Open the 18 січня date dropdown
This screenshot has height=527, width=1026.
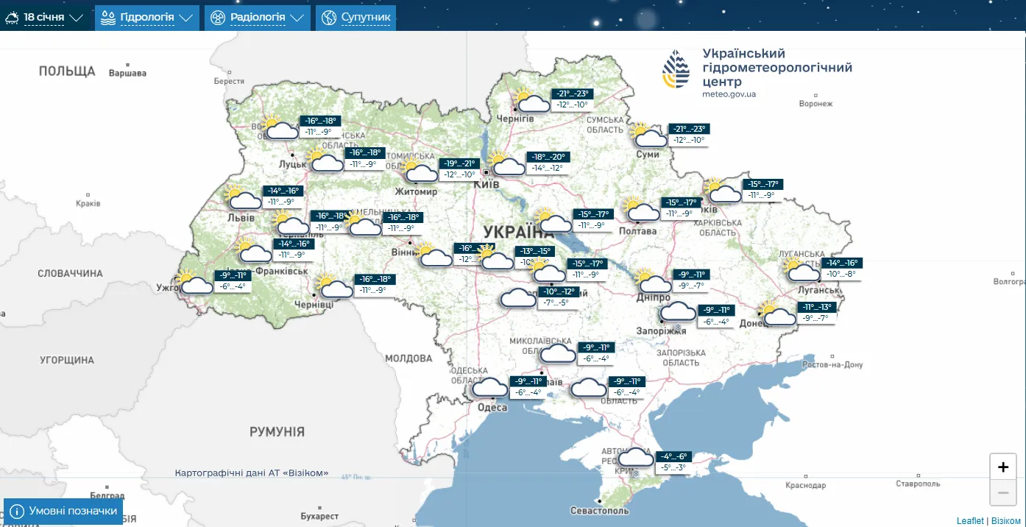point(45,17)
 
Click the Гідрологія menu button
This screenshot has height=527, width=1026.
point(147,17)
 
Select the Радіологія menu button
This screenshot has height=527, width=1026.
point(257,17)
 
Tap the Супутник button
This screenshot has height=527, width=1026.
point(356,17)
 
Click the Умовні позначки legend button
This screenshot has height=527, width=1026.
point(63,511)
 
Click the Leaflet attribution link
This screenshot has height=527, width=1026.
point(970,521)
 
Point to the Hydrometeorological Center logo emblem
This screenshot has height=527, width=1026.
point(676,70)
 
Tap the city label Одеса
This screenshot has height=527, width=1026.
point(492,408)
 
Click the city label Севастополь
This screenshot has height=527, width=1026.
point(599,511)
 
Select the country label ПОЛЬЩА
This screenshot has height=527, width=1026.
point(67,71)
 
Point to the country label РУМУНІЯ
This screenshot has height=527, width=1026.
point(277,432)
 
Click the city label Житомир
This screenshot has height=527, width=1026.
point(416,191)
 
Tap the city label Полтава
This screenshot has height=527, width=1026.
point(637,231)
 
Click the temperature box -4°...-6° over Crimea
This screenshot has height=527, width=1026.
point(673,456)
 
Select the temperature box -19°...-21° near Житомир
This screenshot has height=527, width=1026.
point(460,163)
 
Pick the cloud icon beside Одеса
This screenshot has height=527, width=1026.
point(489,387)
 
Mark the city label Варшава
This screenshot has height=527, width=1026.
point(127,74)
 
